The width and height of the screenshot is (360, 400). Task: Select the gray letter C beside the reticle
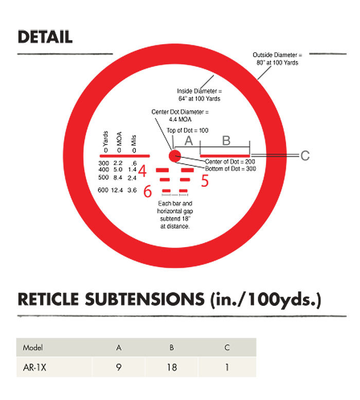pos(304,155)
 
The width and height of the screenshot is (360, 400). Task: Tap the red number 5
pos(204,181)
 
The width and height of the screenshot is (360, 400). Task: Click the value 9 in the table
pos(119,369)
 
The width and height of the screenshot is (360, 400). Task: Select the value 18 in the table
pos(172,369)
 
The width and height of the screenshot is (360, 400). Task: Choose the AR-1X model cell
pos(33,369)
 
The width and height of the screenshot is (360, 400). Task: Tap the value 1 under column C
pos(227,369)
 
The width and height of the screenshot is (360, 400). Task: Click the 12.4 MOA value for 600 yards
pos(118,190)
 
